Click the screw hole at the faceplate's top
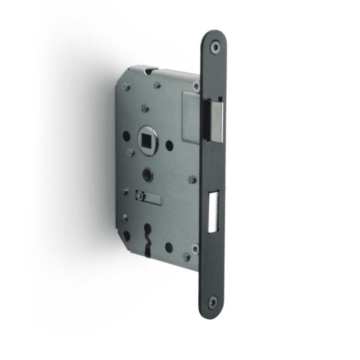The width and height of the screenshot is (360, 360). [x=215, y=47]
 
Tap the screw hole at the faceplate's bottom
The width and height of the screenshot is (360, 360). [x=212, y=302]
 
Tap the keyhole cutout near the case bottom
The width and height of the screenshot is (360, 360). [x=148, y=238]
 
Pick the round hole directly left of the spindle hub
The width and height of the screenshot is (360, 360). [x=126, y=136]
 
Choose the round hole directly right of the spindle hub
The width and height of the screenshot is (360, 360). [x=169, y=146]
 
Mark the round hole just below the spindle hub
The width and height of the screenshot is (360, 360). [x=147, y=175]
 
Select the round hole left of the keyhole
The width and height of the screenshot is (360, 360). [x=127, y=235]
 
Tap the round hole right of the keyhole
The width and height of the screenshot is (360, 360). [x=169, y=247]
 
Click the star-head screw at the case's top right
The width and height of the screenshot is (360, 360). [x=195, y=86]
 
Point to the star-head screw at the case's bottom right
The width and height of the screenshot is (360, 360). [x=195, y=249]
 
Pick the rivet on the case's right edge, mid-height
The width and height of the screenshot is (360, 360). [x=192, y=179]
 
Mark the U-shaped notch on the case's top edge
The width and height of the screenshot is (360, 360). [x=149, y=71]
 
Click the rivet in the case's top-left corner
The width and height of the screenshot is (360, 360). [x=126, y=87]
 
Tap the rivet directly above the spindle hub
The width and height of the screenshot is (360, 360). [x=145, y=109]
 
